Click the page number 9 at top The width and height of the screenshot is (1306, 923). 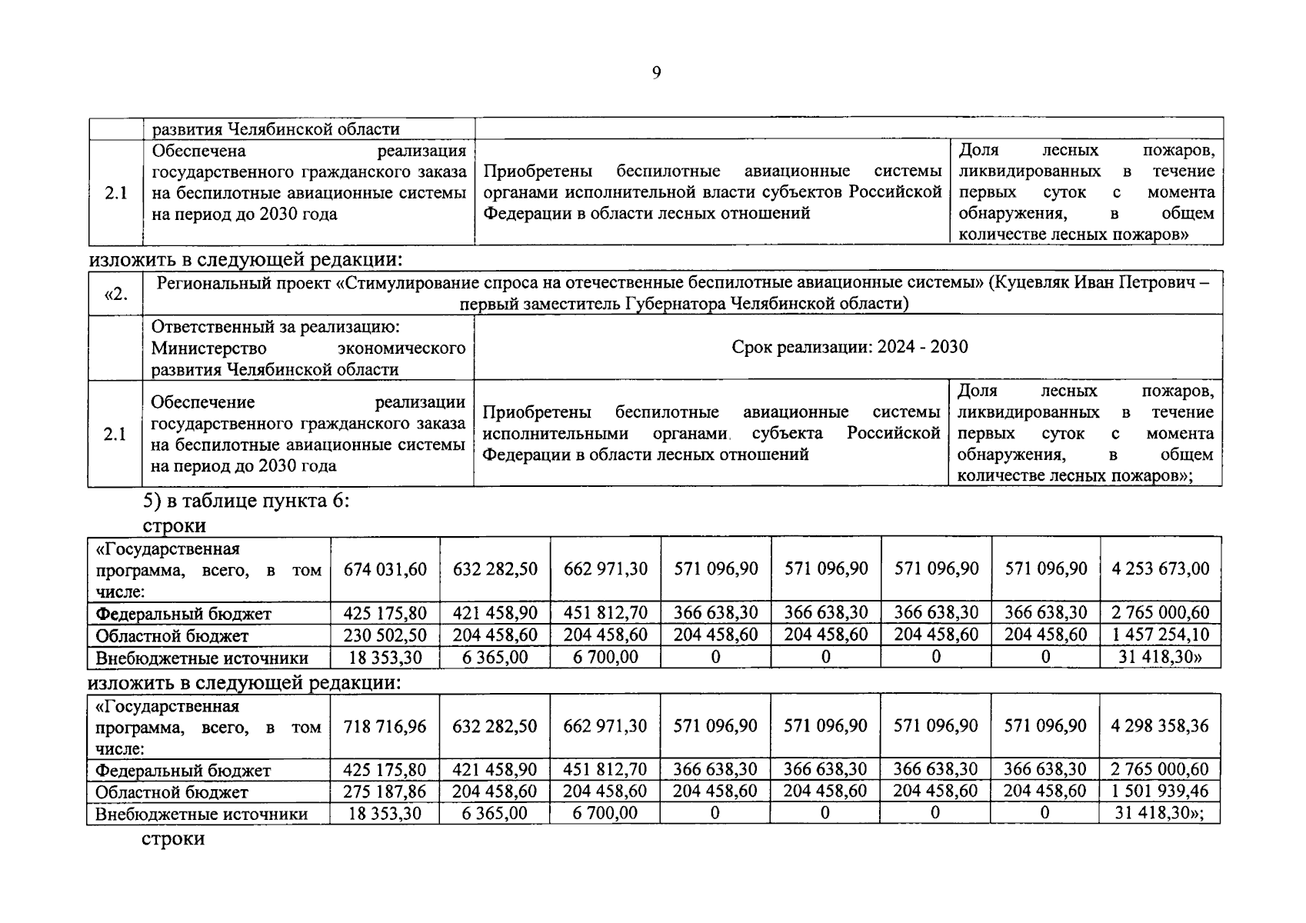click(x=656, y=72)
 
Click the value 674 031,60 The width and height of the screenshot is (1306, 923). click(x=385, y=569)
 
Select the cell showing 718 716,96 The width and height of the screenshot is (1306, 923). click(x=385, y=726)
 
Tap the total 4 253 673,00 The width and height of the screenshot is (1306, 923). click(x=1161, y=569)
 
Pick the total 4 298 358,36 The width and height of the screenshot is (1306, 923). click(x=1160, y=726)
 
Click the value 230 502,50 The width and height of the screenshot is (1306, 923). click(x=385, y=635)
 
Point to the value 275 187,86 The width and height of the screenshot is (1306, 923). click(x=385, y=791)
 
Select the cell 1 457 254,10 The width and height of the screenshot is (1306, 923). click(x=1161, y=635)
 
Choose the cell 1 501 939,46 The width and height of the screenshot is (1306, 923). click(x=1160, y=791)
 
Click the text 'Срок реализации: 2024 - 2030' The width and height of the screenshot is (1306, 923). click(x=849, y=347)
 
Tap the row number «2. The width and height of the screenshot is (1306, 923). click(x=115, y=293)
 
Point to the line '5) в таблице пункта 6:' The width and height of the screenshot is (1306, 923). click(x=246, y=501)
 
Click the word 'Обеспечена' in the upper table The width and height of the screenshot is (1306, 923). click(x=198, y=151)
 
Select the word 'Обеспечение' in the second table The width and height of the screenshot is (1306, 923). click(x=202, y=402)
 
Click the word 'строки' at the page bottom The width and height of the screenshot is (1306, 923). click(x=173, y=838)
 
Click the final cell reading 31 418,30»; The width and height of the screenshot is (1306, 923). click(x=1160, y=813)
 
